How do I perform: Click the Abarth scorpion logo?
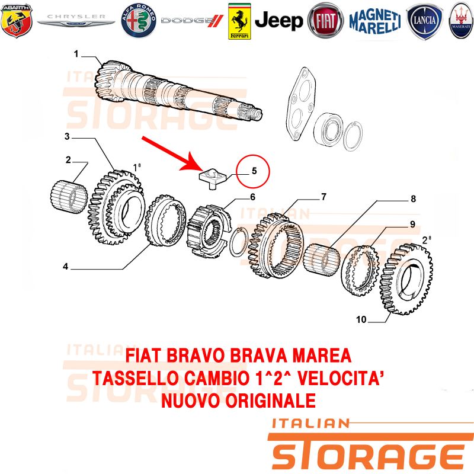17,21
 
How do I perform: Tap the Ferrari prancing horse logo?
239,21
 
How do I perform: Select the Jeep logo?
278,21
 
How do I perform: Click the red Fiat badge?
325,21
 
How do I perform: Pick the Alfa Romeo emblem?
139,21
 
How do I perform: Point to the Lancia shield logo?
424,21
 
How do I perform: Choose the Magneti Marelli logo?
375,21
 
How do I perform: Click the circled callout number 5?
254,171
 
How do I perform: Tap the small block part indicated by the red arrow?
212,179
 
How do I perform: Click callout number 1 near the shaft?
76,54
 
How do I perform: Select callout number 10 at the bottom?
361,319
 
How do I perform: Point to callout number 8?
413,198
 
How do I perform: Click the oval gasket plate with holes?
301,104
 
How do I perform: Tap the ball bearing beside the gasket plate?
329,129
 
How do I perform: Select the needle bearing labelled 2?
69,197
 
